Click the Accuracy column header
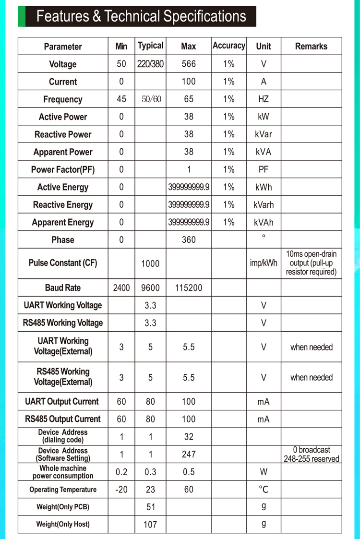tap(228, 46)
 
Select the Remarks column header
tap(311, 46)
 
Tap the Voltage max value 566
tap(189, 64)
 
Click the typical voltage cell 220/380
tap(150, 64)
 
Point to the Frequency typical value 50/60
tap(150, 99)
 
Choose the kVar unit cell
tap(263, 134)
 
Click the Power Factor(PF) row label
tap(62, 169)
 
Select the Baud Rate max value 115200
tap(189, 288)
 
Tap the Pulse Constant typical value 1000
tap(150, 264)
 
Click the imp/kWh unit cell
tap(264, 264)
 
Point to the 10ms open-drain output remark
tap(311, 263)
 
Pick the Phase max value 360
tap(189, 240)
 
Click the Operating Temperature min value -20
tap(121, 490)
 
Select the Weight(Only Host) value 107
tap(150, 525)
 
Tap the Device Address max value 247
tap(189, 454)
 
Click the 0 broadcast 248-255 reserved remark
tap(311, 454)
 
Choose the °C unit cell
tap(264, 490)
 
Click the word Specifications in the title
tap(204, 16)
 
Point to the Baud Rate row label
tap(62, 288)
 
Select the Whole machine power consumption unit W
tap(264, 472)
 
